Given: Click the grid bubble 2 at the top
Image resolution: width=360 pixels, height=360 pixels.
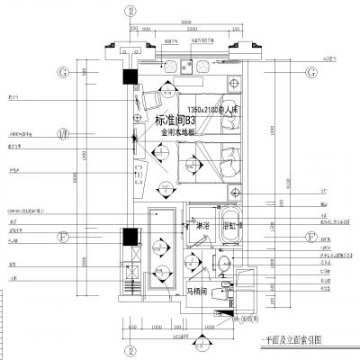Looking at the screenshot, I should point(131,12).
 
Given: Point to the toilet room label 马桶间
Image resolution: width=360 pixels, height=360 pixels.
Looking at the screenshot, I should point(200,292).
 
